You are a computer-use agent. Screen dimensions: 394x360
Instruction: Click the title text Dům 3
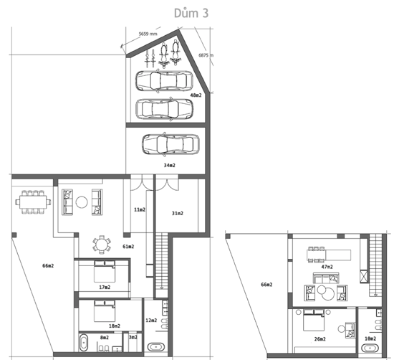click(191, 13)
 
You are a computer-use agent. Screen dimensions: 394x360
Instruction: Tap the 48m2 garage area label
click(196, 95)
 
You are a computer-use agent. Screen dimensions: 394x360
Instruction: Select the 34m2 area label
click(170, 165)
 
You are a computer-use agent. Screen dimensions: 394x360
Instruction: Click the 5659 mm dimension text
click(148, 34)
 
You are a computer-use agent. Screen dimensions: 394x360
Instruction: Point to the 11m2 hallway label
click(140, 209)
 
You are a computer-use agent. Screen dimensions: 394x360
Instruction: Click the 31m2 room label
click(178, 213)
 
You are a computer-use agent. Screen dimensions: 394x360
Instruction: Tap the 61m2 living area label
click(128, 247)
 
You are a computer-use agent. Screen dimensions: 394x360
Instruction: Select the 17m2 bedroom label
click(105, 287)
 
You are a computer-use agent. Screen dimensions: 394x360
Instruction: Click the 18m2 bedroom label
click(115, 326)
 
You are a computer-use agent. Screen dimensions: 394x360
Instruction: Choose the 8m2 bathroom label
click(105, 337)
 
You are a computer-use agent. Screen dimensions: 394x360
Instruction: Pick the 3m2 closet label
click(133, 337)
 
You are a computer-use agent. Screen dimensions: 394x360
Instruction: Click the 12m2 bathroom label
click(151, 321)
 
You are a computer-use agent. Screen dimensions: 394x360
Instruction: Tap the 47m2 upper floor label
click(327, 267)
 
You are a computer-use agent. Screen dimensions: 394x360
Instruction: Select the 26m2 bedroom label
click(320, 339)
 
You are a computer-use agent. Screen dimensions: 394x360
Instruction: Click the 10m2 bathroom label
click(370, 338)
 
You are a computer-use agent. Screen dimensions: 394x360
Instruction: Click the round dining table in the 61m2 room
click(102, 245)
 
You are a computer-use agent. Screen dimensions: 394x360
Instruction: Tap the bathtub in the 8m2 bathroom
click(84, 342)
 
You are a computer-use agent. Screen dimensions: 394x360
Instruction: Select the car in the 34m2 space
click(171, 144)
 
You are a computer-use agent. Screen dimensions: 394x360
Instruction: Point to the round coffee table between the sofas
click(82, 202)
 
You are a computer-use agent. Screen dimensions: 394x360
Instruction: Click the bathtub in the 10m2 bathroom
click(370, 349)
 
